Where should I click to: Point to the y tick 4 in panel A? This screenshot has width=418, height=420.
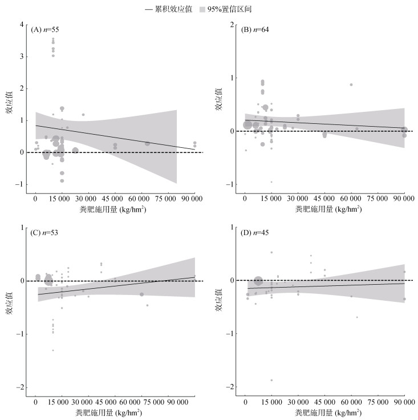click(21, 25)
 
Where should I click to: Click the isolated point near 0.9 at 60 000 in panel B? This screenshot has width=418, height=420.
click(351, 84)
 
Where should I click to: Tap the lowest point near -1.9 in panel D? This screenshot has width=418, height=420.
click(271, 380)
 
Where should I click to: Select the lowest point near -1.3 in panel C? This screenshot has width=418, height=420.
click(53, 350)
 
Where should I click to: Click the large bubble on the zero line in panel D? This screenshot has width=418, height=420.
click(258, 281)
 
